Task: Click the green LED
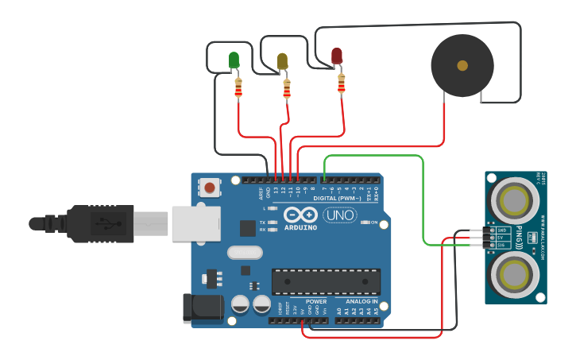[234, 60]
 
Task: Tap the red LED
[337, 56]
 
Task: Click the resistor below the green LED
[238, 89]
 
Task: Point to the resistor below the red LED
[342, 83]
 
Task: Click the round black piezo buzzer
[462, 65]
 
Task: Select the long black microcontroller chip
[326, 281]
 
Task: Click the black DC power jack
[198, 309]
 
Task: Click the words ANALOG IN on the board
[361, 301]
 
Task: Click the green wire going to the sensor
[423, 199]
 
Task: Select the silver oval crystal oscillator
[245, 253]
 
